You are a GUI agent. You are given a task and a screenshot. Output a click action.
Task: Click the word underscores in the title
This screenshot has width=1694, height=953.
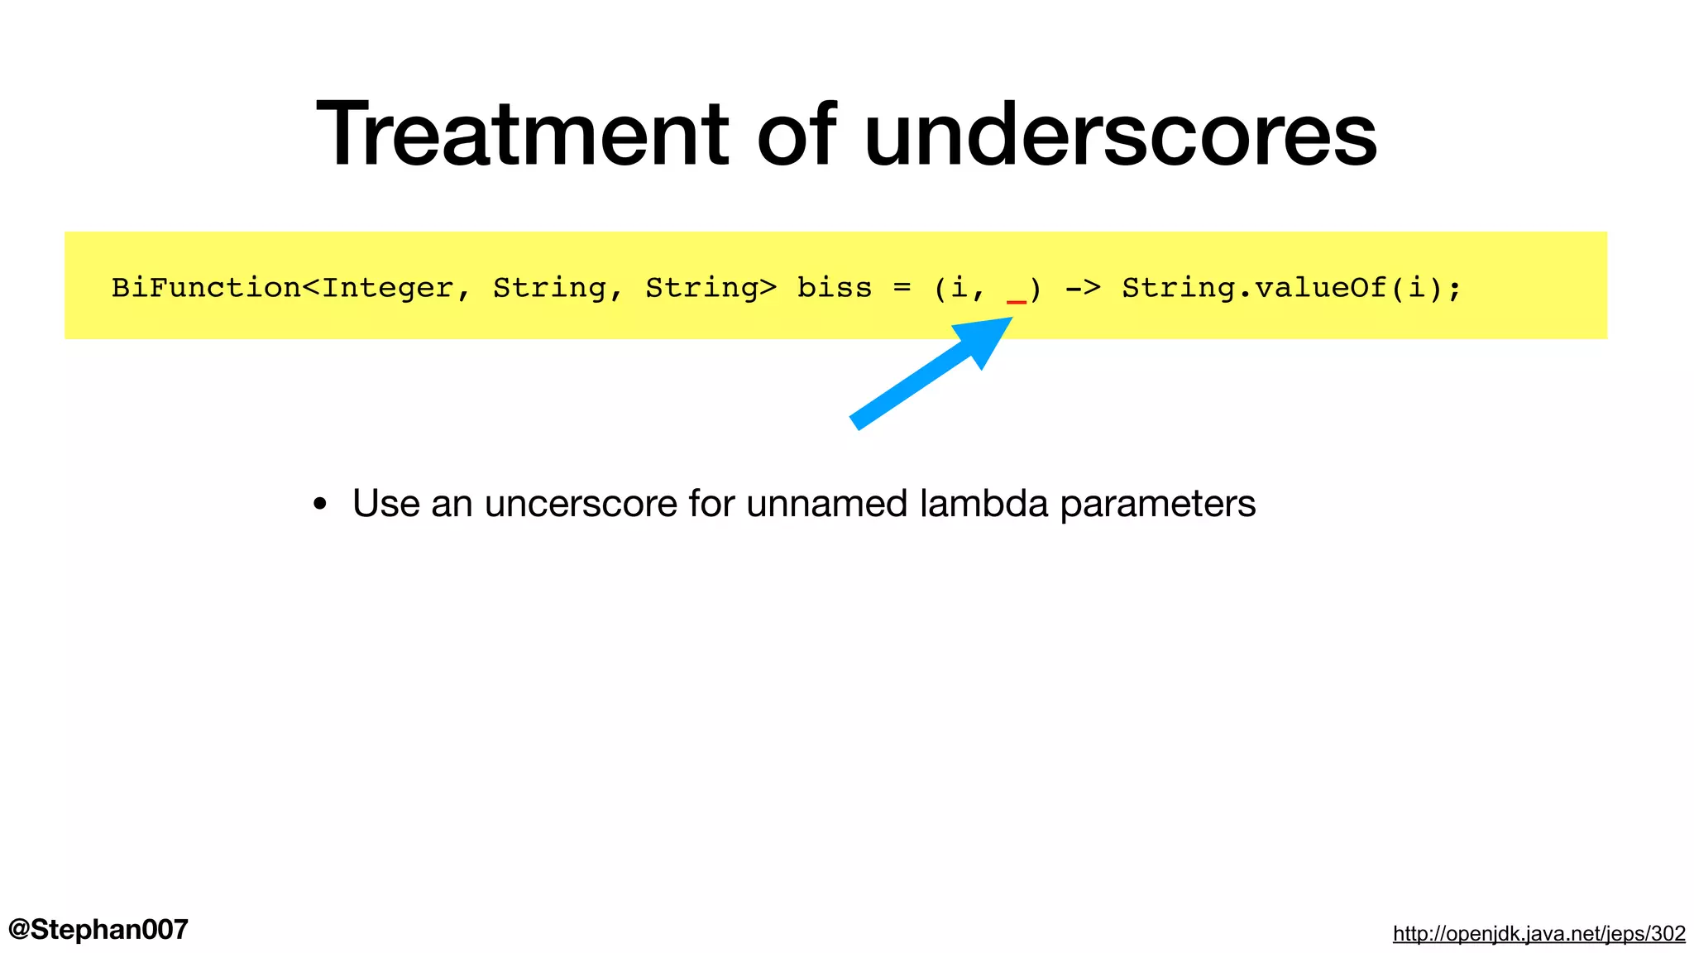pos(1121,134)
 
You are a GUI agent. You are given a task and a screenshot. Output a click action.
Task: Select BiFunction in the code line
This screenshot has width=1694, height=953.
pos(206,288)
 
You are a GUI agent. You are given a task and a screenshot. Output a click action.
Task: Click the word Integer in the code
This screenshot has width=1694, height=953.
pos(387,288)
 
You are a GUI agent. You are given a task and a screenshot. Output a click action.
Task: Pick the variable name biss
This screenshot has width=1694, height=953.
pos(834,288)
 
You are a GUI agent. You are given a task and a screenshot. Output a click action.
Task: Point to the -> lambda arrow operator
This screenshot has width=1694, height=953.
pos(1082,288)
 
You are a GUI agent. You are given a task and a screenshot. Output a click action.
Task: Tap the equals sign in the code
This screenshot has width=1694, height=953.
pos(902,288)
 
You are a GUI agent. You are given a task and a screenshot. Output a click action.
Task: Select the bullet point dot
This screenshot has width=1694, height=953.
pos(320,505)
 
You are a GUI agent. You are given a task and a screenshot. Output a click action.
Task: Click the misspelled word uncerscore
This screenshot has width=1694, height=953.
pos(581,503)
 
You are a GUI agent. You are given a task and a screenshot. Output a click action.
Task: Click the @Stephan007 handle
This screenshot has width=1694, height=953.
pos(98,929)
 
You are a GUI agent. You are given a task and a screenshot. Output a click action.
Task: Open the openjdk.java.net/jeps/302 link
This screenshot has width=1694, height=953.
pos(1538,933)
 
